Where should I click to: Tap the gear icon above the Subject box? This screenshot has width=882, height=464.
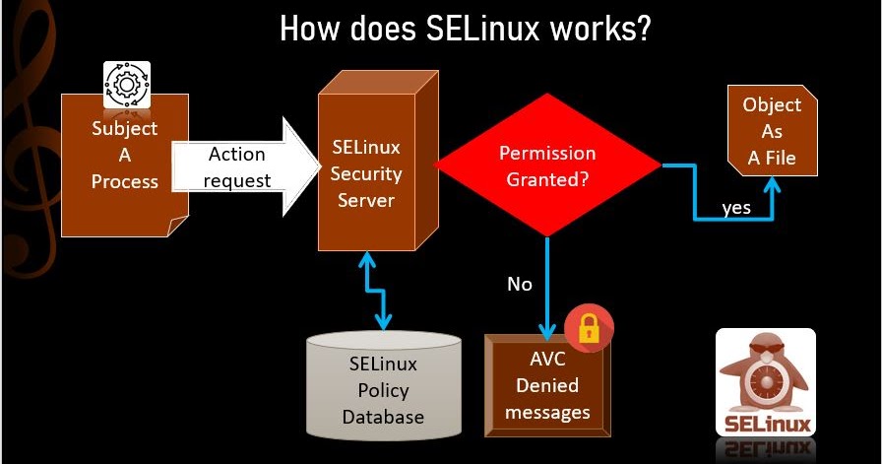[x=127, y=86]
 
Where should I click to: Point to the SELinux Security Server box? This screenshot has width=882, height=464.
[x=366, y=173]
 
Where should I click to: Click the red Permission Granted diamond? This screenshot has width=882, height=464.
[x=548, y=166]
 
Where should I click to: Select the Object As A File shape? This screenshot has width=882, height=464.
[x=772, y=132]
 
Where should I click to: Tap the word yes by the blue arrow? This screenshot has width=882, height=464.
[x=736, y=208]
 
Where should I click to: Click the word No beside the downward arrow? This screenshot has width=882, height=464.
[x=519, y=285]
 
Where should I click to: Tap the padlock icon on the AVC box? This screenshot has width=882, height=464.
[x=589, y=328]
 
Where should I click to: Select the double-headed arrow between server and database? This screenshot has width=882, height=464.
[x=375, y=291]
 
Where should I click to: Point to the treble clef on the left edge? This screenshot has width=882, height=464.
[x=25, y=138]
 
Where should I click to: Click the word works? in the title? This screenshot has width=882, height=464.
[x=599, y=29]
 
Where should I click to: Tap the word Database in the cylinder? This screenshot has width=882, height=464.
[x=383, y=416]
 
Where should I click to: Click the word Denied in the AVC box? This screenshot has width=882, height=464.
[x=547, y=385]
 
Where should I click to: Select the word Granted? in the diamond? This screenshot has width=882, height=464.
[x=548, y=179]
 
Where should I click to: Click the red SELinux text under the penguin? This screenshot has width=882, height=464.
[x=768, y=425]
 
